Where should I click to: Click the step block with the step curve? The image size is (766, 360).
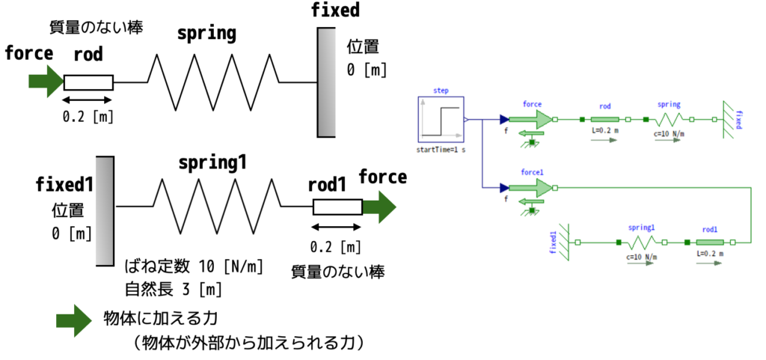click(441, 119)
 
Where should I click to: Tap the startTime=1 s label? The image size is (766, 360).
click(441, 150)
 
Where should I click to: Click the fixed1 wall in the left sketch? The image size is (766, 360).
click(105, 210)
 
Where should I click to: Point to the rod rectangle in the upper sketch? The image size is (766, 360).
click(88, 82)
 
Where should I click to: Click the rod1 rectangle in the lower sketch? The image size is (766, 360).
click(337, 207)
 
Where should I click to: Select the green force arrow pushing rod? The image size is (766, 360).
click(46, 81)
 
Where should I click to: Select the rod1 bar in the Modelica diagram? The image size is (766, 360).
click(710, 242)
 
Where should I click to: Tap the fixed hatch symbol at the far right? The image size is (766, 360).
click(729, 119)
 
